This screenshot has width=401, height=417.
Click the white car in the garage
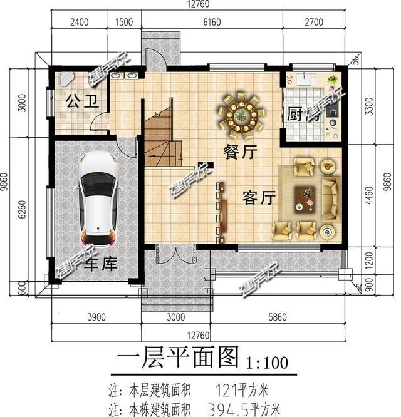point(96,199)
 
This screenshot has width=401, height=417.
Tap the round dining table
point(241,116)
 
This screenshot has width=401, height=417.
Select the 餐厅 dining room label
point(240,152)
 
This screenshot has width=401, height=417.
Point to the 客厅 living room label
point(259,198)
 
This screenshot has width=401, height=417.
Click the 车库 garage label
point(100,264)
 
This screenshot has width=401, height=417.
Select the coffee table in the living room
point(306,198)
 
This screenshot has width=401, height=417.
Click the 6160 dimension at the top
point(212,22)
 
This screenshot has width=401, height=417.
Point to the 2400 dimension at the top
point(80,22)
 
